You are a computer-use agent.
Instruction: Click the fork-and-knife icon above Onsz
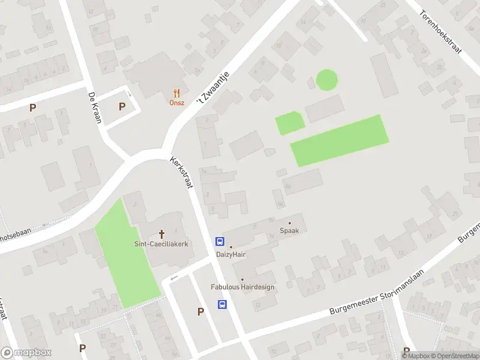pos(176,93)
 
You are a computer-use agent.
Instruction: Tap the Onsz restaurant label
pos(176,103)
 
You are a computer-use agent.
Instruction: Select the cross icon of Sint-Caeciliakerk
pos(161,234)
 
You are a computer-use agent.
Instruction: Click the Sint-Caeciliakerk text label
pos(161,244)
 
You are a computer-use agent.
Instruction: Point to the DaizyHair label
pos(231,254)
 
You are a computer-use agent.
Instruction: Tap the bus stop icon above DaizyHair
pos(220,242)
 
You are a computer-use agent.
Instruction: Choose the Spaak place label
pos(290,230)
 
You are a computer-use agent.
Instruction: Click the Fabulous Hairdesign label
pos(242,287)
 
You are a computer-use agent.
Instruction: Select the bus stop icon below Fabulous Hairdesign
pos(222,304)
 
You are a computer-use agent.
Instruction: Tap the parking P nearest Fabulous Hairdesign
pos(200,311)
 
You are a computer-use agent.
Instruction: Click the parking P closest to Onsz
pos(122,107)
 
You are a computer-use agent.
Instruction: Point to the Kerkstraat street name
pos(181,173)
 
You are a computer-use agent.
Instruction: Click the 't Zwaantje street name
pos(214,88)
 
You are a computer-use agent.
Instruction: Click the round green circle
pos(326,80)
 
